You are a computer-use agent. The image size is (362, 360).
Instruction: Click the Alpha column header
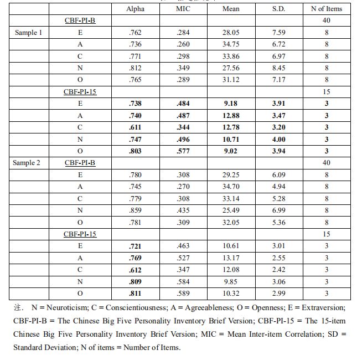[x=135, y=9]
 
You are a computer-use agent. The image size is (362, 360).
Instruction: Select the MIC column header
[x=183, y=9]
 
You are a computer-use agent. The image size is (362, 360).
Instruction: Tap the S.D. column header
[x=279, y=9]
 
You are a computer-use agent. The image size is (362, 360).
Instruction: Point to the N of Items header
[x=326, y=9]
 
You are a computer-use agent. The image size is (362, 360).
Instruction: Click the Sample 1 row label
[x=28, y=33]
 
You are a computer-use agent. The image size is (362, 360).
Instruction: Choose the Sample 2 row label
[x=28, y=163]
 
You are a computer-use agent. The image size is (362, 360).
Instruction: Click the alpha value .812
[x=135, y=68]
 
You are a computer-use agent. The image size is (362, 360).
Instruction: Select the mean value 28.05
[x=231, y=33]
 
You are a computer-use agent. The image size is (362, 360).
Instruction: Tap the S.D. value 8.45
[x=279, y=68]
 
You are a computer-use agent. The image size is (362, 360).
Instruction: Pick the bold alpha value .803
[x=135, y=151]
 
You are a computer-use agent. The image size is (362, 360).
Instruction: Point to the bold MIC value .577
[x=183, y=151]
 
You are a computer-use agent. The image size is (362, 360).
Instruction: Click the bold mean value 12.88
[x=231, y=116]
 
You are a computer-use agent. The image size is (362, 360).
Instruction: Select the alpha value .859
[x=135, y=210]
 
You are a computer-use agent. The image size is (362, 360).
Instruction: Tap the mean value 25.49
[x=231, y=210]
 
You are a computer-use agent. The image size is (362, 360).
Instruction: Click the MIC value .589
[x=183, y=294]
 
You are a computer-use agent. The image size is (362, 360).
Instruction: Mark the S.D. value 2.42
[x=279, y=270]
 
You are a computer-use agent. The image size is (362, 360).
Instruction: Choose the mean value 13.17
[x=231, y=258]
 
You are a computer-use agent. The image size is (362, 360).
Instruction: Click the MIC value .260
[x=183, y=44]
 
